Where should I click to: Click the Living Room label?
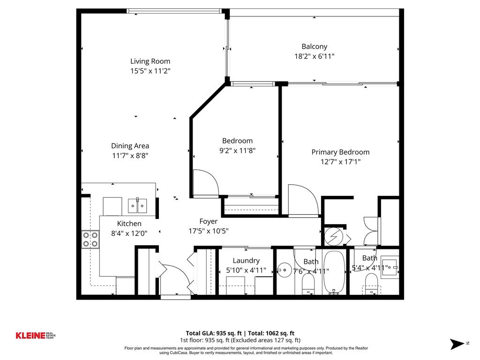click(x=150, y=61)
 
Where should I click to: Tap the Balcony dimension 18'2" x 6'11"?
click(x=314, y=56)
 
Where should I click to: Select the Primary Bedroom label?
click(x=340, y=152)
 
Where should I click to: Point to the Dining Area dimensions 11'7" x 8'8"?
click(x=130, y=156)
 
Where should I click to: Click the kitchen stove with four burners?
click(x=90, y=239)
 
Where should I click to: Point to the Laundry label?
click(x=246, y=261)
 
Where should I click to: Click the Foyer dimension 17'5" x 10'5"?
click(x=209, y=231)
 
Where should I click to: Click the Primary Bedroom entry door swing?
click(x=302, y=201)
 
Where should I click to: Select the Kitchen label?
click(x=129, y=224)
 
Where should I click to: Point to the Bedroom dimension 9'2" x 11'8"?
click(x=237, y=151)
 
